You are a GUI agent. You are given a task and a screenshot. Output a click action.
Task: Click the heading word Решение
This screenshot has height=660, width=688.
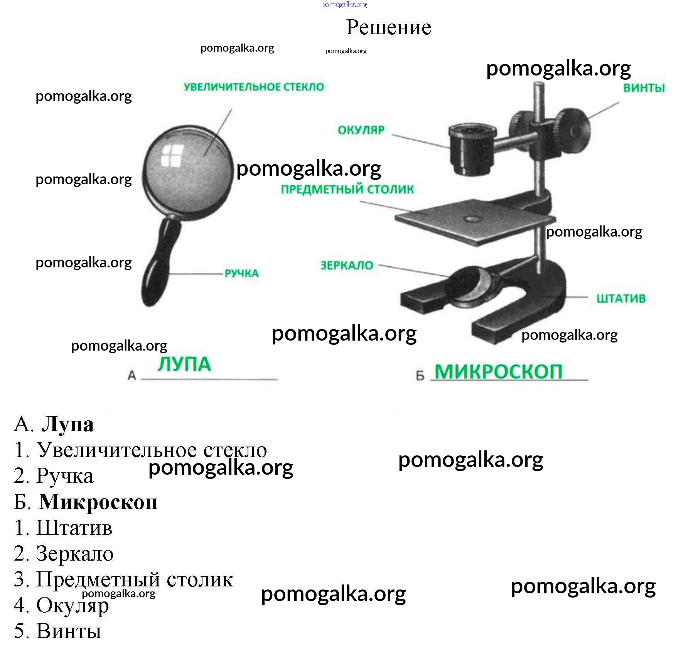pos(388,27)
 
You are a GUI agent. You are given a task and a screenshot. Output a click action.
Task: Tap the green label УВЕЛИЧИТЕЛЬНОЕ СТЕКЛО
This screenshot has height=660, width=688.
pos(254,87)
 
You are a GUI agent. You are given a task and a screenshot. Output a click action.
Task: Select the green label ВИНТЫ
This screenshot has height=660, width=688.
pos(644,88)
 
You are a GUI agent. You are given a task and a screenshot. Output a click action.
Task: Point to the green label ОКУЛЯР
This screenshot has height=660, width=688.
pos(361,130)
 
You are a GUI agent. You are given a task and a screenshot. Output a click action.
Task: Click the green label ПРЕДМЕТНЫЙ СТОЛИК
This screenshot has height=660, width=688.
pos(347,190)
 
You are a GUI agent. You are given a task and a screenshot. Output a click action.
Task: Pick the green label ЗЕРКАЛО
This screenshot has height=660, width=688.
pos(347,265)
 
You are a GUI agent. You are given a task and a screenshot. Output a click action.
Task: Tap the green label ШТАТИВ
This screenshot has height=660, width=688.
pos(621,299)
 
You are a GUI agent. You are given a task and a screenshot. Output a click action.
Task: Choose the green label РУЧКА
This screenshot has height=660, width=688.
pos(241,274)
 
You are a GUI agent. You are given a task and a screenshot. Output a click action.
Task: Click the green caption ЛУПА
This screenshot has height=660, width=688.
pos(184,364)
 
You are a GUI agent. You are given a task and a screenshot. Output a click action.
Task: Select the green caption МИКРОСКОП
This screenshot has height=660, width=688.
pos(498,372)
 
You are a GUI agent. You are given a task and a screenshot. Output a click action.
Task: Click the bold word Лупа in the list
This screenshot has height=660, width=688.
pos(67,425)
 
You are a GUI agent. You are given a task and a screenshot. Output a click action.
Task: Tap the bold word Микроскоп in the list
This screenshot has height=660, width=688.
pos(98,502)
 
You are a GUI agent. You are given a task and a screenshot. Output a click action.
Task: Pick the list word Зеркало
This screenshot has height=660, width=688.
pos(75,554)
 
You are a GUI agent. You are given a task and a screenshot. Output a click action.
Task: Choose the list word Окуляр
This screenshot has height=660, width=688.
pos(73,605)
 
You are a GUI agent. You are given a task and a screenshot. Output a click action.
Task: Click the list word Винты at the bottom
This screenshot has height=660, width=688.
pos(69,631)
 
